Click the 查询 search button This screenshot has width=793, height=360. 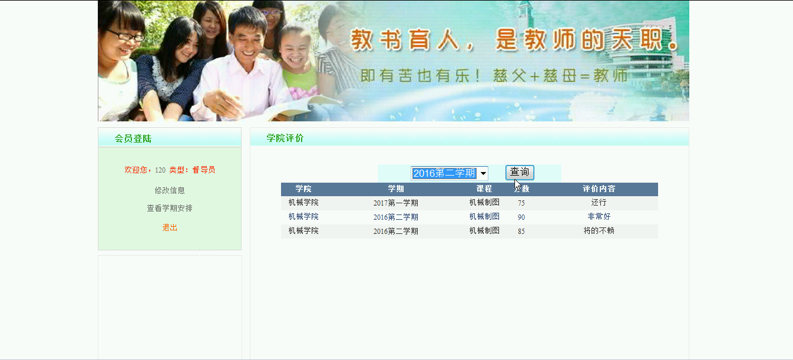pos(520,173)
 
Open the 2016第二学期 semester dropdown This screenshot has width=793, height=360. pos(450,173)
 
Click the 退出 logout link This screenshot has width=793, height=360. pos(170,227)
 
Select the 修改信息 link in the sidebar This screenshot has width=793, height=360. pos(170,190)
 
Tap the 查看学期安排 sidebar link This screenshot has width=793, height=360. pos(170,208)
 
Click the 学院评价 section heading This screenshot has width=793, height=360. pos(285,138)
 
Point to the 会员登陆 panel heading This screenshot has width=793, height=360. pos(133,138)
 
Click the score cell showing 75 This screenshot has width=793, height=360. pos(521,203)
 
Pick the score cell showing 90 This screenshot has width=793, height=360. pos(521,217)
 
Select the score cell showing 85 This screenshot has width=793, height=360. pos(521,231)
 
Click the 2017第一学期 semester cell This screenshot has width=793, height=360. pos(396,203)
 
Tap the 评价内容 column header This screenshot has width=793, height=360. pos(599,189)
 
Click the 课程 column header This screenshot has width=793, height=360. pos(484,189)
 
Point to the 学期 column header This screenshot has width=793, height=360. pos(396,189)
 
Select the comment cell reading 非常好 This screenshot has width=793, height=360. pos(599,216)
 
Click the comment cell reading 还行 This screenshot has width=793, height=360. pos(599,203)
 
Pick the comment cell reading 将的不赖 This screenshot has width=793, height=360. pos(599,231)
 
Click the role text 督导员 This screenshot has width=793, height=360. pos(204,170)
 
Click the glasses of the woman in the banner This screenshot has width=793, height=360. pos(125,35)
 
